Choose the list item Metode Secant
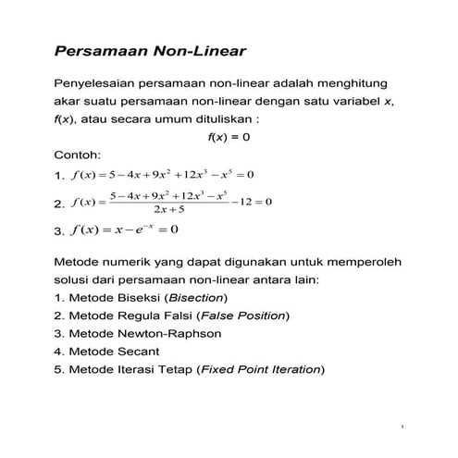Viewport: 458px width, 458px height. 107,352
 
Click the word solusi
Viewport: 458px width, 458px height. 74,279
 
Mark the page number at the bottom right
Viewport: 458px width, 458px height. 404,427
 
